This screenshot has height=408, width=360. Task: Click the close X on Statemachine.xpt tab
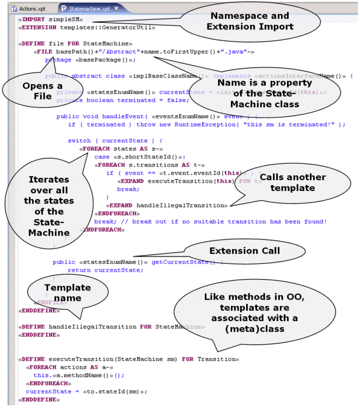point(116,9)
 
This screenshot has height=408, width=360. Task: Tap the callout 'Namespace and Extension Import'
point(251,23)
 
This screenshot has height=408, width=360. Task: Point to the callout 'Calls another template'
point(292,183)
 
